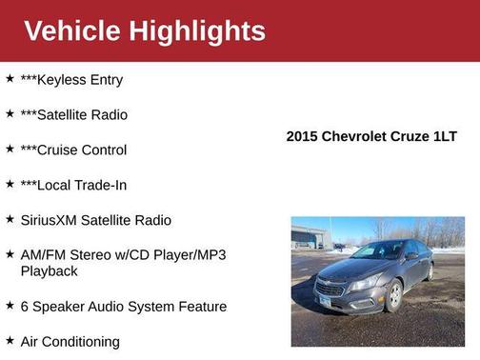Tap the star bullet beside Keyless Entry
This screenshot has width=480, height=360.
[10, 79]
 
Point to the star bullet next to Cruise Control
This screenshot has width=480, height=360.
[10, 150]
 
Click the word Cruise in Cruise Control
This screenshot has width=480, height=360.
[56, 150]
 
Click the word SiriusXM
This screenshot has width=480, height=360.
[49, 220]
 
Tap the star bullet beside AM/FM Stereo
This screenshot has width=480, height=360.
[10, 255]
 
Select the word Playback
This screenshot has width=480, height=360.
[49, 271]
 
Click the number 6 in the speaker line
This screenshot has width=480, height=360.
[25, 307]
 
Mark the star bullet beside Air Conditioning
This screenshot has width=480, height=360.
[10, 341]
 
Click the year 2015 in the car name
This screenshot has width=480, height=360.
[303, 136]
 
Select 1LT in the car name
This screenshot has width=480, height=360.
[444, 136]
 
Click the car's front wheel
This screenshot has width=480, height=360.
[392, 296]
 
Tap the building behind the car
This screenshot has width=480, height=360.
[308, 236]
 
